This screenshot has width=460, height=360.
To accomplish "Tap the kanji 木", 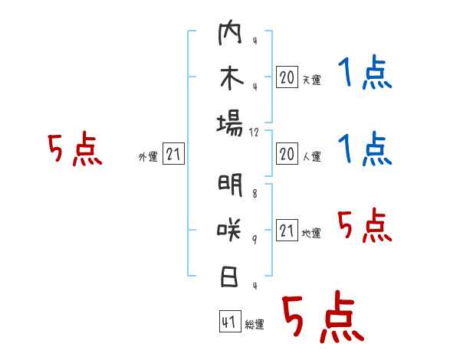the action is coord(230,79).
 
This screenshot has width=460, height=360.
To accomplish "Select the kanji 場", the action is coord(230,123).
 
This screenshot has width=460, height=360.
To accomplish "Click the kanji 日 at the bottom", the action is coord(230,274).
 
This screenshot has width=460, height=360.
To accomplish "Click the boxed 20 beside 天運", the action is coord(287,77).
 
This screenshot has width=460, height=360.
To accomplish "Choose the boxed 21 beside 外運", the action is coord(173,155).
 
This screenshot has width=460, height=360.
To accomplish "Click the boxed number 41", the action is coord(228,322).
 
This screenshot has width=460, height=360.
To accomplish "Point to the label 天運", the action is coord(311,80).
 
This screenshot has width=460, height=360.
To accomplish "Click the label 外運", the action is coord(148,157).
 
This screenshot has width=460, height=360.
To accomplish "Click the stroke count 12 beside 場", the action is coord(255,132).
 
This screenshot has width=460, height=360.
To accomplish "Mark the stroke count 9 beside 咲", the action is coord(254,240).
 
